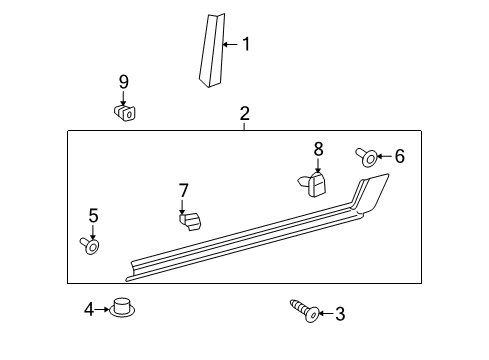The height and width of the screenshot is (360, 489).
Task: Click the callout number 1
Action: point(246,44)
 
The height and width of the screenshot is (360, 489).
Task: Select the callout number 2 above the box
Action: point(245,114)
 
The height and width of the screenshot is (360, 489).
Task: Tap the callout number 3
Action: point(340,314)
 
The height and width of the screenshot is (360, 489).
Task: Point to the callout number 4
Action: point(89,309)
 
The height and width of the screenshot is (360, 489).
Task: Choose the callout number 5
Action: point(93,216)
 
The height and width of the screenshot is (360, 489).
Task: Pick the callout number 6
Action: point(400,156)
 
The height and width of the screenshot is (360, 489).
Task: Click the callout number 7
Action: point(184,190)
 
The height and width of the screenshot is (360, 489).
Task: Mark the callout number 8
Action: point(318,149)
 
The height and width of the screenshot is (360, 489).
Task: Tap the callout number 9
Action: point(124,82)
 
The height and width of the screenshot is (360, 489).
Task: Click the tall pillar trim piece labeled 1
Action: point(212,50)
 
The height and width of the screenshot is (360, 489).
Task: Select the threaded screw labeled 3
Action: point(305,310)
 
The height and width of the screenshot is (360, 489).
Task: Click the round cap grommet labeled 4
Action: point(122,308)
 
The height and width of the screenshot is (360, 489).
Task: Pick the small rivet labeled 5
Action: point(89,245)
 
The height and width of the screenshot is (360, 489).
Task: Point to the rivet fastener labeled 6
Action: point(367,157)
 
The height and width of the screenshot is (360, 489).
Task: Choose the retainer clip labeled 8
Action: point(312,184)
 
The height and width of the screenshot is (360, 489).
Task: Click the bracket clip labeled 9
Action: point(124,113)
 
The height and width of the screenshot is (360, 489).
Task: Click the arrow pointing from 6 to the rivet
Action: point(385,156)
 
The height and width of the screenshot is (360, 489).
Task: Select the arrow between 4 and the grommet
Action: point(102,310)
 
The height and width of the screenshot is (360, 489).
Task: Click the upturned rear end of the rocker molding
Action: point(371,194)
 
